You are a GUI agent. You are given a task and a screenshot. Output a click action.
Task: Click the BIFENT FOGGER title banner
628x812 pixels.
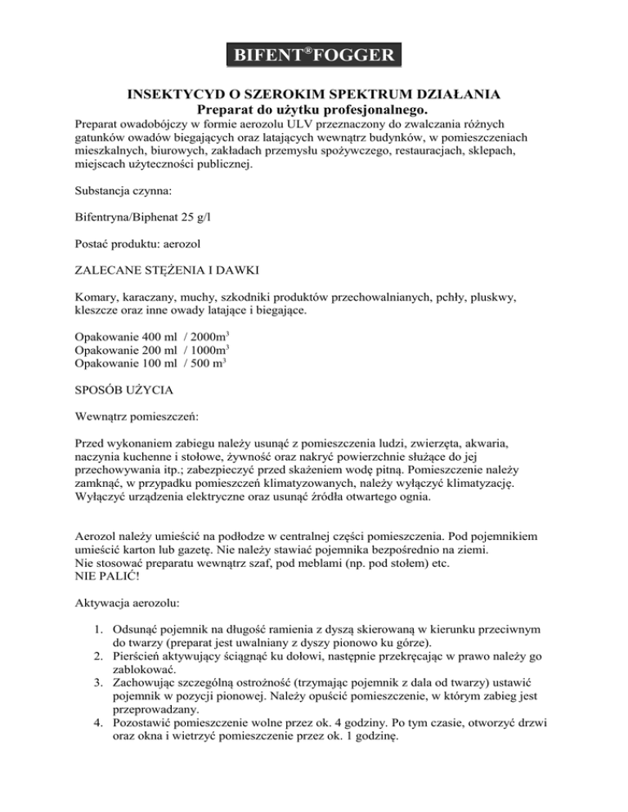tap(314, 56)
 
